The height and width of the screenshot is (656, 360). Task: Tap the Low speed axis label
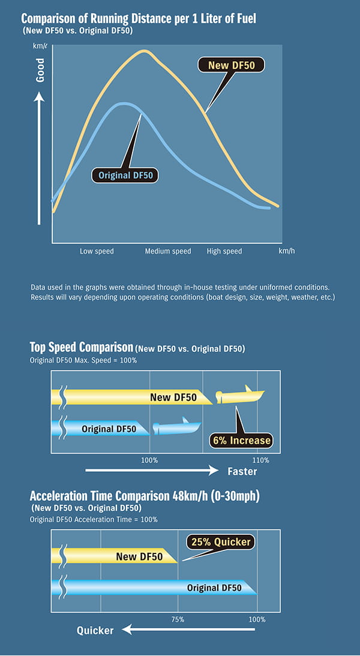[97, 251]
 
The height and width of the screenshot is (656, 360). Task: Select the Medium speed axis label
[168, 251]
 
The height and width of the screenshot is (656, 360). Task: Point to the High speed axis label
[224, 251]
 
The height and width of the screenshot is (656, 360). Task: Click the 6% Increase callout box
[241, 441]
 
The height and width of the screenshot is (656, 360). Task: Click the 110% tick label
[261, 460]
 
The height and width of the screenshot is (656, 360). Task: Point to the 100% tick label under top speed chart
[149, 460]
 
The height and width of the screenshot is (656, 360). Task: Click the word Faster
[242, 472]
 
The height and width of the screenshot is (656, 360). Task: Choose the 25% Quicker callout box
[221, 542]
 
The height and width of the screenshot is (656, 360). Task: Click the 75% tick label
[178, 619]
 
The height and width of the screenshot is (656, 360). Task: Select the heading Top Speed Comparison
[82, 347]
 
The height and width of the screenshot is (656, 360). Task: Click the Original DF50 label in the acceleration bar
[214, 588]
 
